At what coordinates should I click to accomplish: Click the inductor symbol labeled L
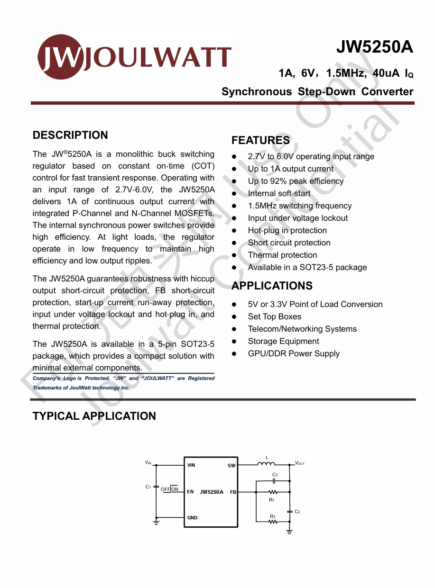tap(266, 464)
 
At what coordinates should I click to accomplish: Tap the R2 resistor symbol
tap(272, 492)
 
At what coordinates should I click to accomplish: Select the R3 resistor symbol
tap(272, 522)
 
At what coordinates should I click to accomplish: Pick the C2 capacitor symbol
tap(289, 512)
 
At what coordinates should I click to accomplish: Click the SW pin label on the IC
tap(231, 466)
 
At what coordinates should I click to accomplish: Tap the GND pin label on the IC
tap(192, 518)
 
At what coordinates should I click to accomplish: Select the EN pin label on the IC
tap(190, 492)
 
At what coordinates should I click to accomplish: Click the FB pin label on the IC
tap(233, 492)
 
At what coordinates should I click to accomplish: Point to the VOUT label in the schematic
tap(300, 463)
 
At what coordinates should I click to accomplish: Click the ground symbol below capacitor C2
tap(289, 532)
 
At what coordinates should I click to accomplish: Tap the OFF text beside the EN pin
tap(165, 489)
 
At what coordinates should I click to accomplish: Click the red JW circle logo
tap(59, 57)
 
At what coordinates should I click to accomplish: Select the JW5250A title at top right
tap(374, 47)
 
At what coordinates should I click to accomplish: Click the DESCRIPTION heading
tap(70, 135)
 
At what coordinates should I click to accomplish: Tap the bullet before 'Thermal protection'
tap(234, 255)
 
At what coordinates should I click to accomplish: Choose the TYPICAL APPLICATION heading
tap(94, 416)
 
